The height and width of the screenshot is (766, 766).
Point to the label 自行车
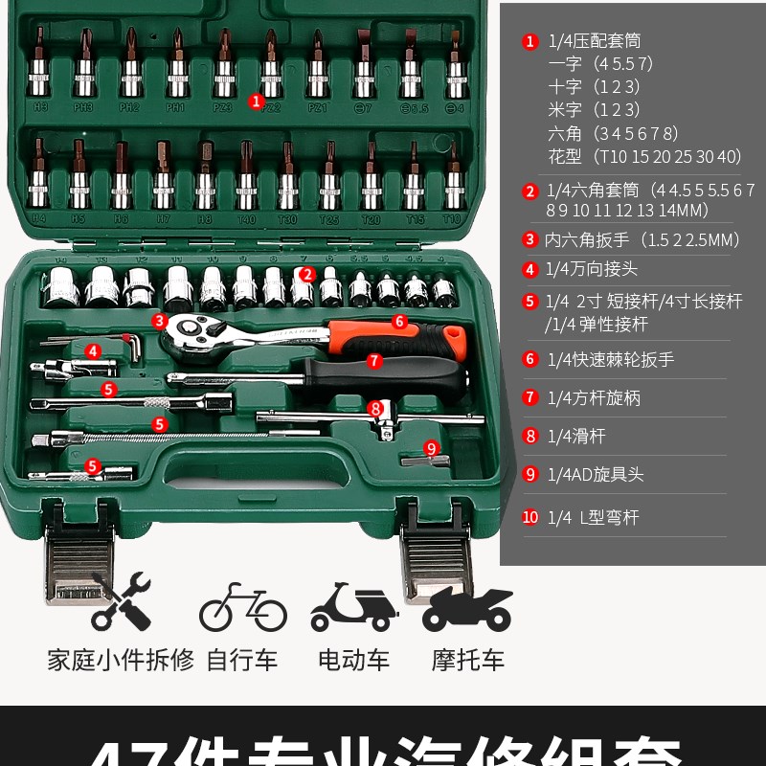tap(242, 660)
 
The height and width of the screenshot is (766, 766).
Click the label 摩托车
tap(467, 660)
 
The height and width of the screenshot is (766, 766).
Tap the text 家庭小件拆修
tap(121, 660)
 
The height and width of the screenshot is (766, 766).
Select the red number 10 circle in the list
tap(530, 517)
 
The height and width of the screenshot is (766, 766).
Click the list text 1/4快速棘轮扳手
tap(611, 360)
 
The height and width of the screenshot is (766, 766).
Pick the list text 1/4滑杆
tap(576, 437)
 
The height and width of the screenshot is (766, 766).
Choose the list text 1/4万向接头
tap(591, 270)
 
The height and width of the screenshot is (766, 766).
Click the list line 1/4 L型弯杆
tap(593, 517)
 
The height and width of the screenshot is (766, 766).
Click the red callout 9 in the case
tap(431, 447)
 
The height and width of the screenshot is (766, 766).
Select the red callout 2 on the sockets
tap(306, 274)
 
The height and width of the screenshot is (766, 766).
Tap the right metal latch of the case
tap(436, 560)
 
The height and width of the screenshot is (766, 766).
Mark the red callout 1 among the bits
tap(256, 100)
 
